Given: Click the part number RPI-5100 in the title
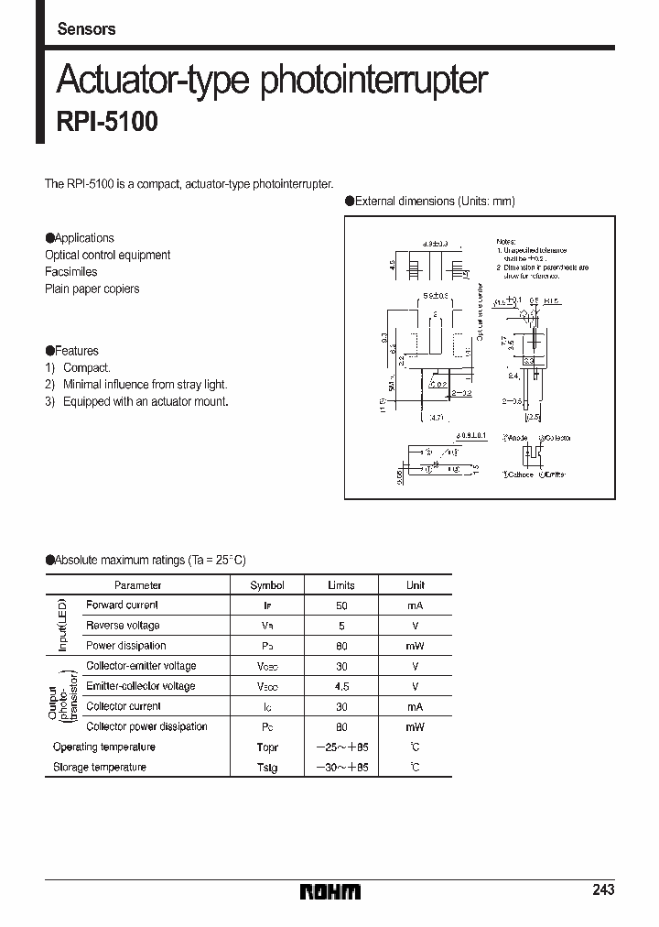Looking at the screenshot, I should click(107, 123).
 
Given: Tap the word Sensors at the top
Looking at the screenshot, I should click(86, 29).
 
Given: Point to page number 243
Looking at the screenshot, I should click(603, 889).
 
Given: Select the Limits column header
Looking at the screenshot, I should click(340, 585).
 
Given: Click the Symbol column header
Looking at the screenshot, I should click(267, 585).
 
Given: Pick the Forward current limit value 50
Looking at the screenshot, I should click(340, 605).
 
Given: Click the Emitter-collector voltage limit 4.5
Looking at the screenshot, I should click(340, 686).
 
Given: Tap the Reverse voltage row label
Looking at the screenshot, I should click(123, 626).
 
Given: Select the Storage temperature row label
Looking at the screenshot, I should click(100, 767).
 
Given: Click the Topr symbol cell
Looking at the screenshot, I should click(267, 747).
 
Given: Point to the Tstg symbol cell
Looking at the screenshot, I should click(267, 767).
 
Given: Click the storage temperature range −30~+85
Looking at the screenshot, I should click(340, 767).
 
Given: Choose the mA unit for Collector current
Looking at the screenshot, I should click(415, 706).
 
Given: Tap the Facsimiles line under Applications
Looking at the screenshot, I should click(71, 272).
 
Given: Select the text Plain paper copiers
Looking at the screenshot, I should click(92, 289).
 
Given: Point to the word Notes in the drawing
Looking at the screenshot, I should click(506, 236).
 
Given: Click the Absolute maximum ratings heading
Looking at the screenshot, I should click(146, 560).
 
